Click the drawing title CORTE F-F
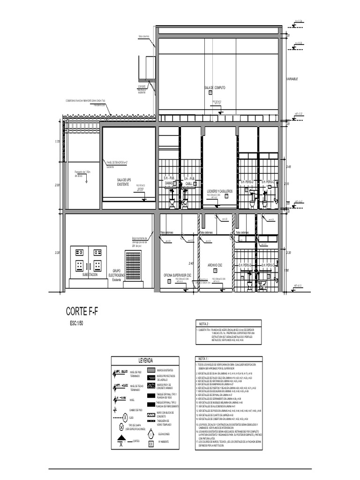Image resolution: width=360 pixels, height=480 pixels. click(x=82, y=312)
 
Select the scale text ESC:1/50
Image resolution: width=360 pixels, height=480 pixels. click(x=78, y=324)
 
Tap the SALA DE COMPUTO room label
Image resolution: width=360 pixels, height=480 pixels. click(x=215, y=88)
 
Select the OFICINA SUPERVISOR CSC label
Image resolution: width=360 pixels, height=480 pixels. click(x=178, y=275)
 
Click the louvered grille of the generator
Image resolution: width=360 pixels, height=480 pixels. click(x=133, y=265)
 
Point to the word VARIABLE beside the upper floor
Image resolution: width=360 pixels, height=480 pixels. click(x=292, y=79)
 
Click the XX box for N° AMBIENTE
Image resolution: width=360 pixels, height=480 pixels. click(x=150, y=442)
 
